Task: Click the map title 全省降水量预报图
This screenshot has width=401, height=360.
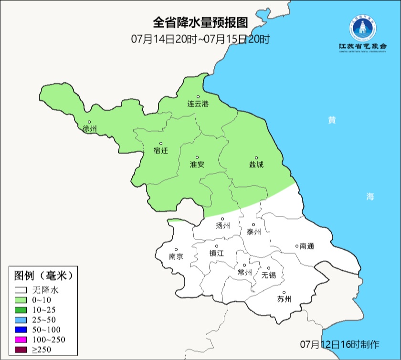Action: (200, 23)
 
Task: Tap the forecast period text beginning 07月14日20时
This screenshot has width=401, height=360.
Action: (200, 39)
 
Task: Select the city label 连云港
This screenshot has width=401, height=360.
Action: (198, 104)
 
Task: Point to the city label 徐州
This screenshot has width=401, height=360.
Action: (89, 129)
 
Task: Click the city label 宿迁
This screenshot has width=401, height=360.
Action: (161, 150)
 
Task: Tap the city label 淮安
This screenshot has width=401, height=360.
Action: (197, 164)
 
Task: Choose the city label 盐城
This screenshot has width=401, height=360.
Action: (256, 164)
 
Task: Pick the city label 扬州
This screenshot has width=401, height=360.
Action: (222, 226)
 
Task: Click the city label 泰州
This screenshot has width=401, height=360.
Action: (253, 232)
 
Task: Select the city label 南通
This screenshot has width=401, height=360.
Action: (306, 246)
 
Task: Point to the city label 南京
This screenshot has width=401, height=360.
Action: (176, 256)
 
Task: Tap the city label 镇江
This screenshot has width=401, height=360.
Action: (216, 254)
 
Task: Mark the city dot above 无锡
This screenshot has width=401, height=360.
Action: (268, 268)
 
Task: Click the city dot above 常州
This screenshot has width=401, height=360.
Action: (244, 265)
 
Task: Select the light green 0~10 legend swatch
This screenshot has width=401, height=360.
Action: (21, 300)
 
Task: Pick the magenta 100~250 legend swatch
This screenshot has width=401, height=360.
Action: (21, 339)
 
